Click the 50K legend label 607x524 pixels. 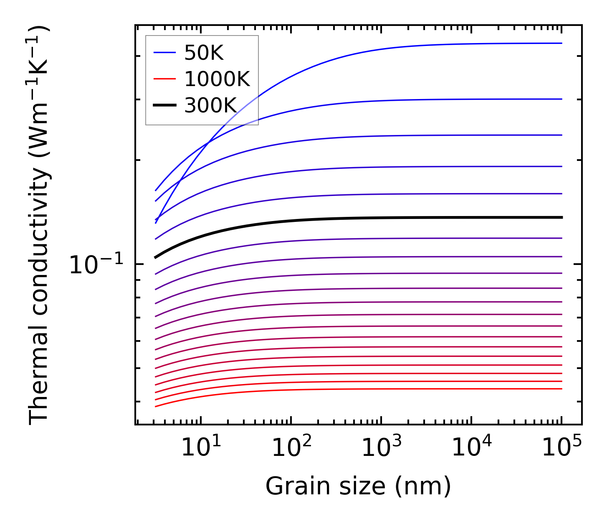(204, 53)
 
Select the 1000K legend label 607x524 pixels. (217, 79)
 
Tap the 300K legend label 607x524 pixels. (211, 106)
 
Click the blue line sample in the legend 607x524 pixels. (164, 53)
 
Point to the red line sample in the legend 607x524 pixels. (164, 79)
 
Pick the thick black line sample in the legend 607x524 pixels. (164, 106)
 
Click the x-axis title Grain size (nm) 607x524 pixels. (358, 486)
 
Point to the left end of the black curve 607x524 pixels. (155, 257)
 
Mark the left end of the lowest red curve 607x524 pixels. (155, 406)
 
